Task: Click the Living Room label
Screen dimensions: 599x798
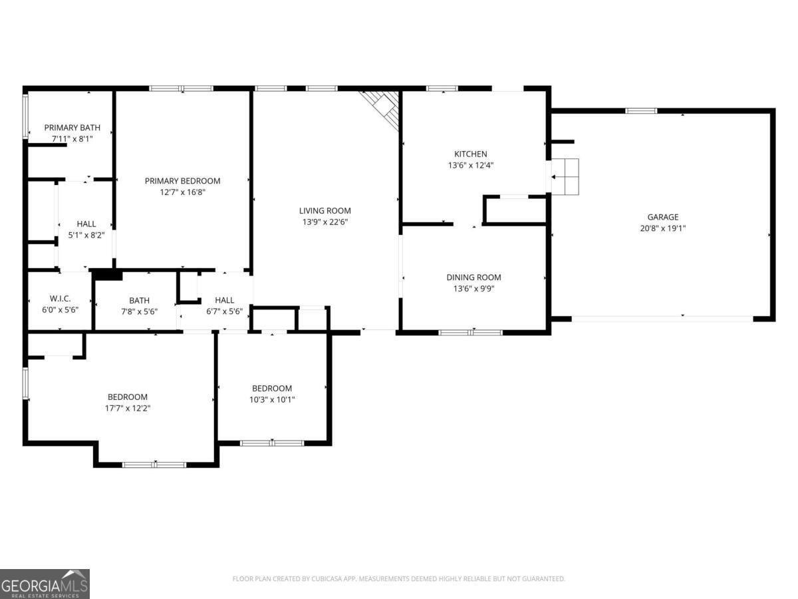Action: click(325, 211)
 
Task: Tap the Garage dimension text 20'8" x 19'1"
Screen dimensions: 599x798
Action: click(663, 228)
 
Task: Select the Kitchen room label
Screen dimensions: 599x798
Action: click(470, 154)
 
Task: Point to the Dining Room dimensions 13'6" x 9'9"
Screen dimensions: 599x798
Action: click(473, 289)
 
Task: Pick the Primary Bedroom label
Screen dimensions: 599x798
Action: click(182, 180)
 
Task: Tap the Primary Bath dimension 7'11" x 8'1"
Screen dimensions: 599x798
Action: click(72, 138)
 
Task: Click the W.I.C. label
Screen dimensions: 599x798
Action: click(60, 298)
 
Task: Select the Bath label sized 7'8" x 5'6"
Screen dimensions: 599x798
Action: click(140, 300)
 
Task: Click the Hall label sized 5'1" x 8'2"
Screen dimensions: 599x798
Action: click(86, 224)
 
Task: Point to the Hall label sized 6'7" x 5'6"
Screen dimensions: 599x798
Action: click(224, 300)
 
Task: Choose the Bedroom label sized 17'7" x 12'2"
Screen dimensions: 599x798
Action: click(128, 397)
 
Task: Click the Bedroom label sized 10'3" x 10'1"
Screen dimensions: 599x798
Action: click(272, 388)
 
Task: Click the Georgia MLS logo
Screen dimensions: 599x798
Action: click(45, 584)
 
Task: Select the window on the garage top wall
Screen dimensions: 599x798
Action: click(641, 110)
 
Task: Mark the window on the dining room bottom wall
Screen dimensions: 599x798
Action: click(471, 331)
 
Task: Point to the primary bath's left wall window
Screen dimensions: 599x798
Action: click(26, 116)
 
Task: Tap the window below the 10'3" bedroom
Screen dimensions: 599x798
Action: click(272, 443)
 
